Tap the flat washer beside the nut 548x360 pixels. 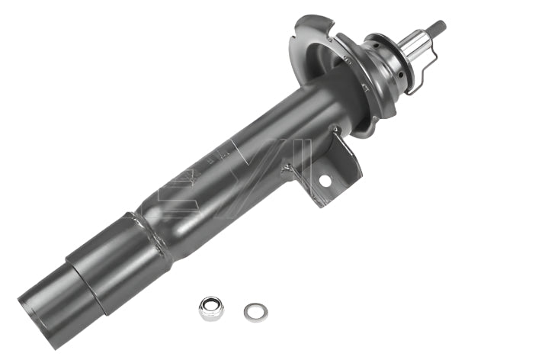tap(255, 311)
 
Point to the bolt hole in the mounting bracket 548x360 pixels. tap(325, 181)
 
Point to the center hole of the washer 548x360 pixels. tap(255, 311)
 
